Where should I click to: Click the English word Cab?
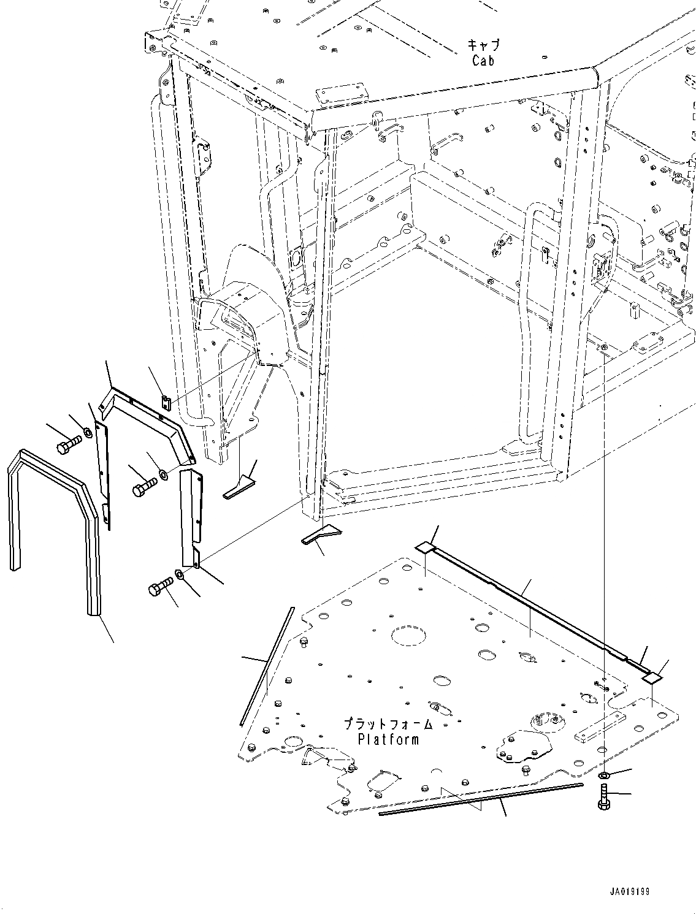click(x=483, y=60)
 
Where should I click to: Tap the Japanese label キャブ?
click(x=484, y=45)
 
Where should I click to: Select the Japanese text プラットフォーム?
click(x=388, y=724)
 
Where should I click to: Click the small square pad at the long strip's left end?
click(x=425, y=547)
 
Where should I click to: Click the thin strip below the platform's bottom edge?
click(x=481, y=799)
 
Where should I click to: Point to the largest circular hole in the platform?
click(x=407, y=636)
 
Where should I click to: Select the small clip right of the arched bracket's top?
click(x=164, y=401)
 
